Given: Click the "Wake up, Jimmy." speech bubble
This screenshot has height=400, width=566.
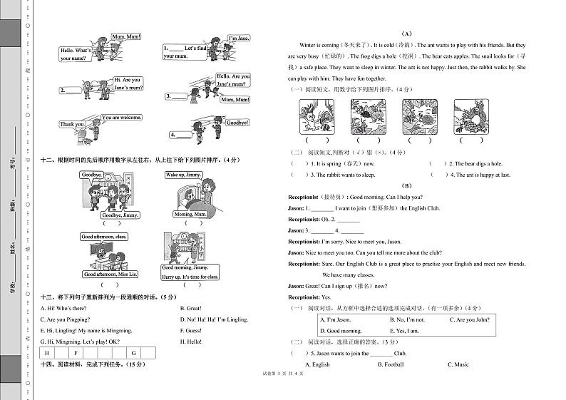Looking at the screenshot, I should [184, 175].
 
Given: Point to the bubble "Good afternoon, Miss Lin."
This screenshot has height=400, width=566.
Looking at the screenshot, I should [110, 275].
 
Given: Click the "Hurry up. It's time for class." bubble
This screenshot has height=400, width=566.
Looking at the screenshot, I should [190, 277].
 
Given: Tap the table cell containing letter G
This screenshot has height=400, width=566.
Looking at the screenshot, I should [133, 353].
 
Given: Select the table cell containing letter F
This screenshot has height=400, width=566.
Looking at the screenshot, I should [76, 353].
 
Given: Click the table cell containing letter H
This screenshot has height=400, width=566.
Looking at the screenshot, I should [47, 353].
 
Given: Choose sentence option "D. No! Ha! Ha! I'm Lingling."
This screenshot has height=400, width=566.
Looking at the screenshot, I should [214, 319].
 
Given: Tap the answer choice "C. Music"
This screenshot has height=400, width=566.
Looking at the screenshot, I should [458, 364].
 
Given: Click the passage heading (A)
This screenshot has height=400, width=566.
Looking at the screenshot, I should [407, 34].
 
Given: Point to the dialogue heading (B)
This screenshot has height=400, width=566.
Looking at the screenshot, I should [407, 185].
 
